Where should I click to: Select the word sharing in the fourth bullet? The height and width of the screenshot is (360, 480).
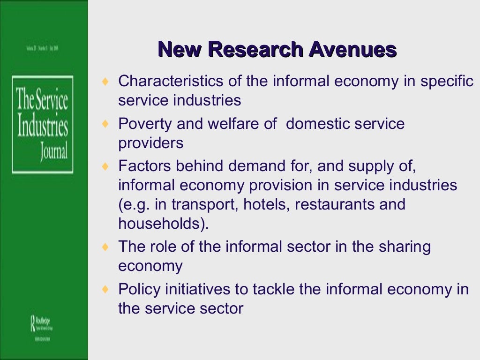(403, 247)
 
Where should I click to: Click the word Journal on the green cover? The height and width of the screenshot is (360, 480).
(54, 152)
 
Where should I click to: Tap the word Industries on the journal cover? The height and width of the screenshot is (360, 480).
(43, 127)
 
